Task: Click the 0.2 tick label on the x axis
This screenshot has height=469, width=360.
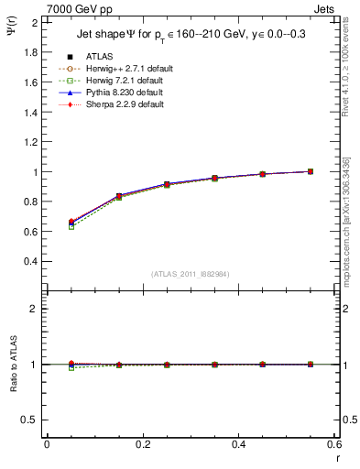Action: [x=142, y=444]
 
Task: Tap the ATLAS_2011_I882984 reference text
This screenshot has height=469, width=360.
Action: [x=191, y=274]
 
